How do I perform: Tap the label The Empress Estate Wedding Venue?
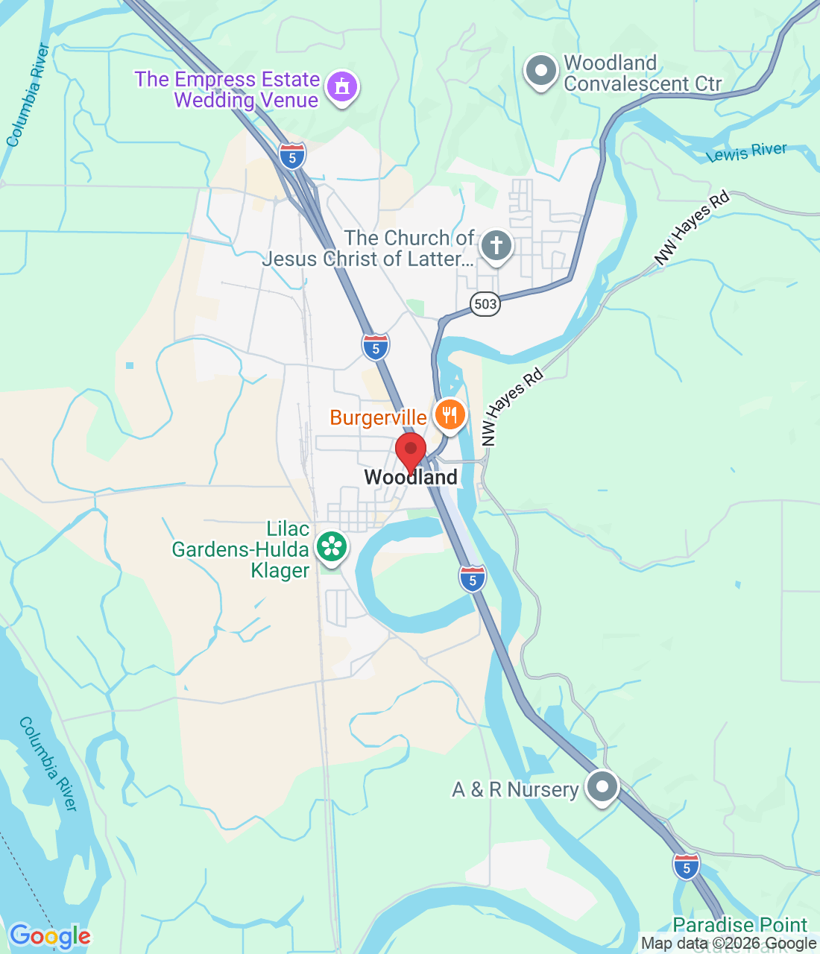pos(227,89)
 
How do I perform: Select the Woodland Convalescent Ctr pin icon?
pos(540,72)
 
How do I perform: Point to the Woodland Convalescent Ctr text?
pos(642,73)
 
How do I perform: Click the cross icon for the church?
pos(496,245)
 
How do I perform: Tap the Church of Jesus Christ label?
pos(369,248)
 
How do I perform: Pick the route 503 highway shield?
pos(485,303)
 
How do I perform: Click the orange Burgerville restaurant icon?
pos(449,414)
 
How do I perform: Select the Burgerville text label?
pos(378,417)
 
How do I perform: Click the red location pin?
pos(410,452)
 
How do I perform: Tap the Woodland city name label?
pos(411,477)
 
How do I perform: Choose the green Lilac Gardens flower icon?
pos(332,547)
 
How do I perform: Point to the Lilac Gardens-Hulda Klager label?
pos(241,549)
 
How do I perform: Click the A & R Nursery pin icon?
pos(602,786)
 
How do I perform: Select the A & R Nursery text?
pos(515,789)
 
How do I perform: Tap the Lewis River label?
pos(746,152)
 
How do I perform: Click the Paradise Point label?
pos(739,925)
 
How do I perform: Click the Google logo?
pos(50,936)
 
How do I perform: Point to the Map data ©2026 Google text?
pos(728,944)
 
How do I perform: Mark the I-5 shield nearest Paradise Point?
pos(686,866)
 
